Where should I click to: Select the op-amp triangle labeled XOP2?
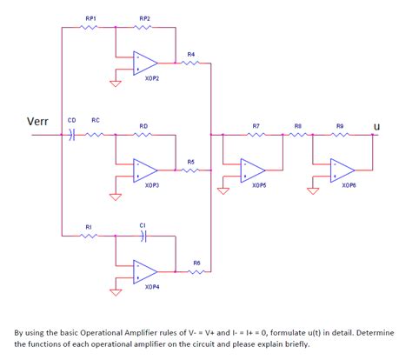tap(144, 63)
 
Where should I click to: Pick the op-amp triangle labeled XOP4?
tap(144, 272)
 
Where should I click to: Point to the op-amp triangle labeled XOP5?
tap(252, 170)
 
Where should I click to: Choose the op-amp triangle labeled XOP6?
tap(342, 170)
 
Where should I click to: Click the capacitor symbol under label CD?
tap(71, 135)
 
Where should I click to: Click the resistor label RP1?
tap(91, 18)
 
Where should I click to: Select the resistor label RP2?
tap(144, 18)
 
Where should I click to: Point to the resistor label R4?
tap(191, 54)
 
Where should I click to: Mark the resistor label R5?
tap(191, 161)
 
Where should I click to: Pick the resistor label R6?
tap(196, 263)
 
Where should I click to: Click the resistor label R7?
tap(256, 126)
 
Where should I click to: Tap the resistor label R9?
tap(340, 126)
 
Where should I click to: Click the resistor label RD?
tap(143, 126)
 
